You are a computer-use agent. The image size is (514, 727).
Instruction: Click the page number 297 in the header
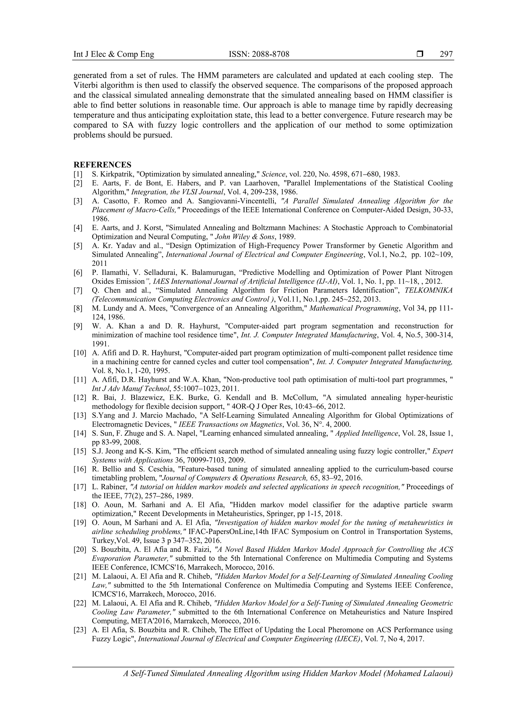(x=446, y=54)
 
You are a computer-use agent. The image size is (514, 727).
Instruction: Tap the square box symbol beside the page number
(x=420, y=54)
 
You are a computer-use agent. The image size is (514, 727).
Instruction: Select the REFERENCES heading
(x=102, y=165)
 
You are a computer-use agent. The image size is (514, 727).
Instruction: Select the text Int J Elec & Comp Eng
(x=114, y=54)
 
